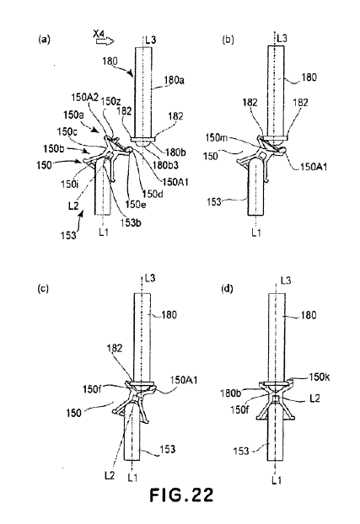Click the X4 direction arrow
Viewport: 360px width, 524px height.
point(105,41)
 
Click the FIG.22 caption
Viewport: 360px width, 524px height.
point(181,495)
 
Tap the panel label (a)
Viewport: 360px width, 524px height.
point(44,40)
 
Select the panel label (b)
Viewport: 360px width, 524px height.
point(228,40)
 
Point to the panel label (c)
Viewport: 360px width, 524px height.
point(43,288)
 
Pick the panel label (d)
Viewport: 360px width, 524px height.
point(228,288)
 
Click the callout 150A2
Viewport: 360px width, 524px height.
point(84,98)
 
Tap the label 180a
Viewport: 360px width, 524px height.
point(174,80)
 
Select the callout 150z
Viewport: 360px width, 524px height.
point(110,101)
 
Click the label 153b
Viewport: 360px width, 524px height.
point(131,222)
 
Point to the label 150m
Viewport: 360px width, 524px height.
point(216,137)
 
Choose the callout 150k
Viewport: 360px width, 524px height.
point(320,377)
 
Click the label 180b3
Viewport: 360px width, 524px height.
point(165,165)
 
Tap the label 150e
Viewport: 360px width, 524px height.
point(136,204)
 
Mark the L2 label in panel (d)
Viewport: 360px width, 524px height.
point(314,398)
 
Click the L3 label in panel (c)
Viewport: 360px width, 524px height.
point(150,278)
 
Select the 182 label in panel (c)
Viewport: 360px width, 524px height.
point(115,348)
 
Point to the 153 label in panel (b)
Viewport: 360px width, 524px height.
point(214,202)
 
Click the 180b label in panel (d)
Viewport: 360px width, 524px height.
point(230,393)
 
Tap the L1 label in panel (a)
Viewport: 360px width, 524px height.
point(104,233)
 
